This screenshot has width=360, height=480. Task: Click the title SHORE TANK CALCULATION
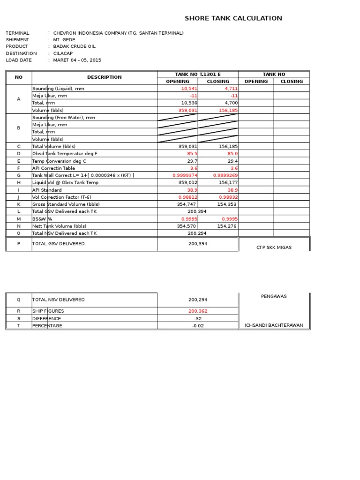[x=233, y=18]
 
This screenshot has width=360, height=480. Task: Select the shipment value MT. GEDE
[x=64, y=40]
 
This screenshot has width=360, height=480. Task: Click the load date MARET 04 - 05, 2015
[x=77, y=60]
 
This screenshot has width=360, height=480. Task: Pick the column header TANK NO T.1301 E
[x=197, y=74]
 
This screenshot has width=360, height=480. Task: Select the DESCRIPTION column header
[x=104, y=77]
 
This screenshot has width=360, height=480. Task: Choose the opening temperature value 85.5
[x=192, y=153]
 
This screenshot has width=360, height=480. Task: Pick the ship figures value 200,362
[x=197, y=311]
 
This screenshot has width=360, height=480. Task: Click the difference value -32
[x=197, y=318]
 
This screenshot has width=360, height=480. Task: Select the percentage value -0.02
[x=197, y=326]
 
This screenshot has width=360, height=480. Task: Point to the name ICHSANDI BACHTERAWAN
[x=274, y=325]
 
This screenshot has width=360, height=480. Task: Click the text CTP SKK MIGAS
[x=274, y=247]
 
